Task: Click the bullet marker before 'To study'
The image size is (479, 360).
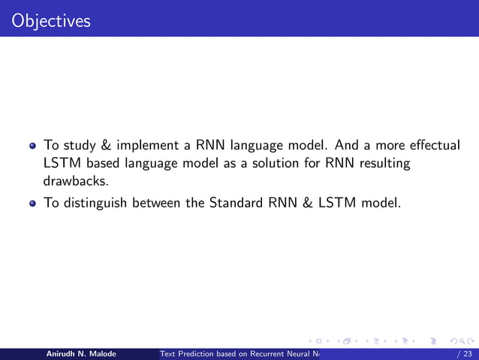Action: [x=33, y=145]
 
